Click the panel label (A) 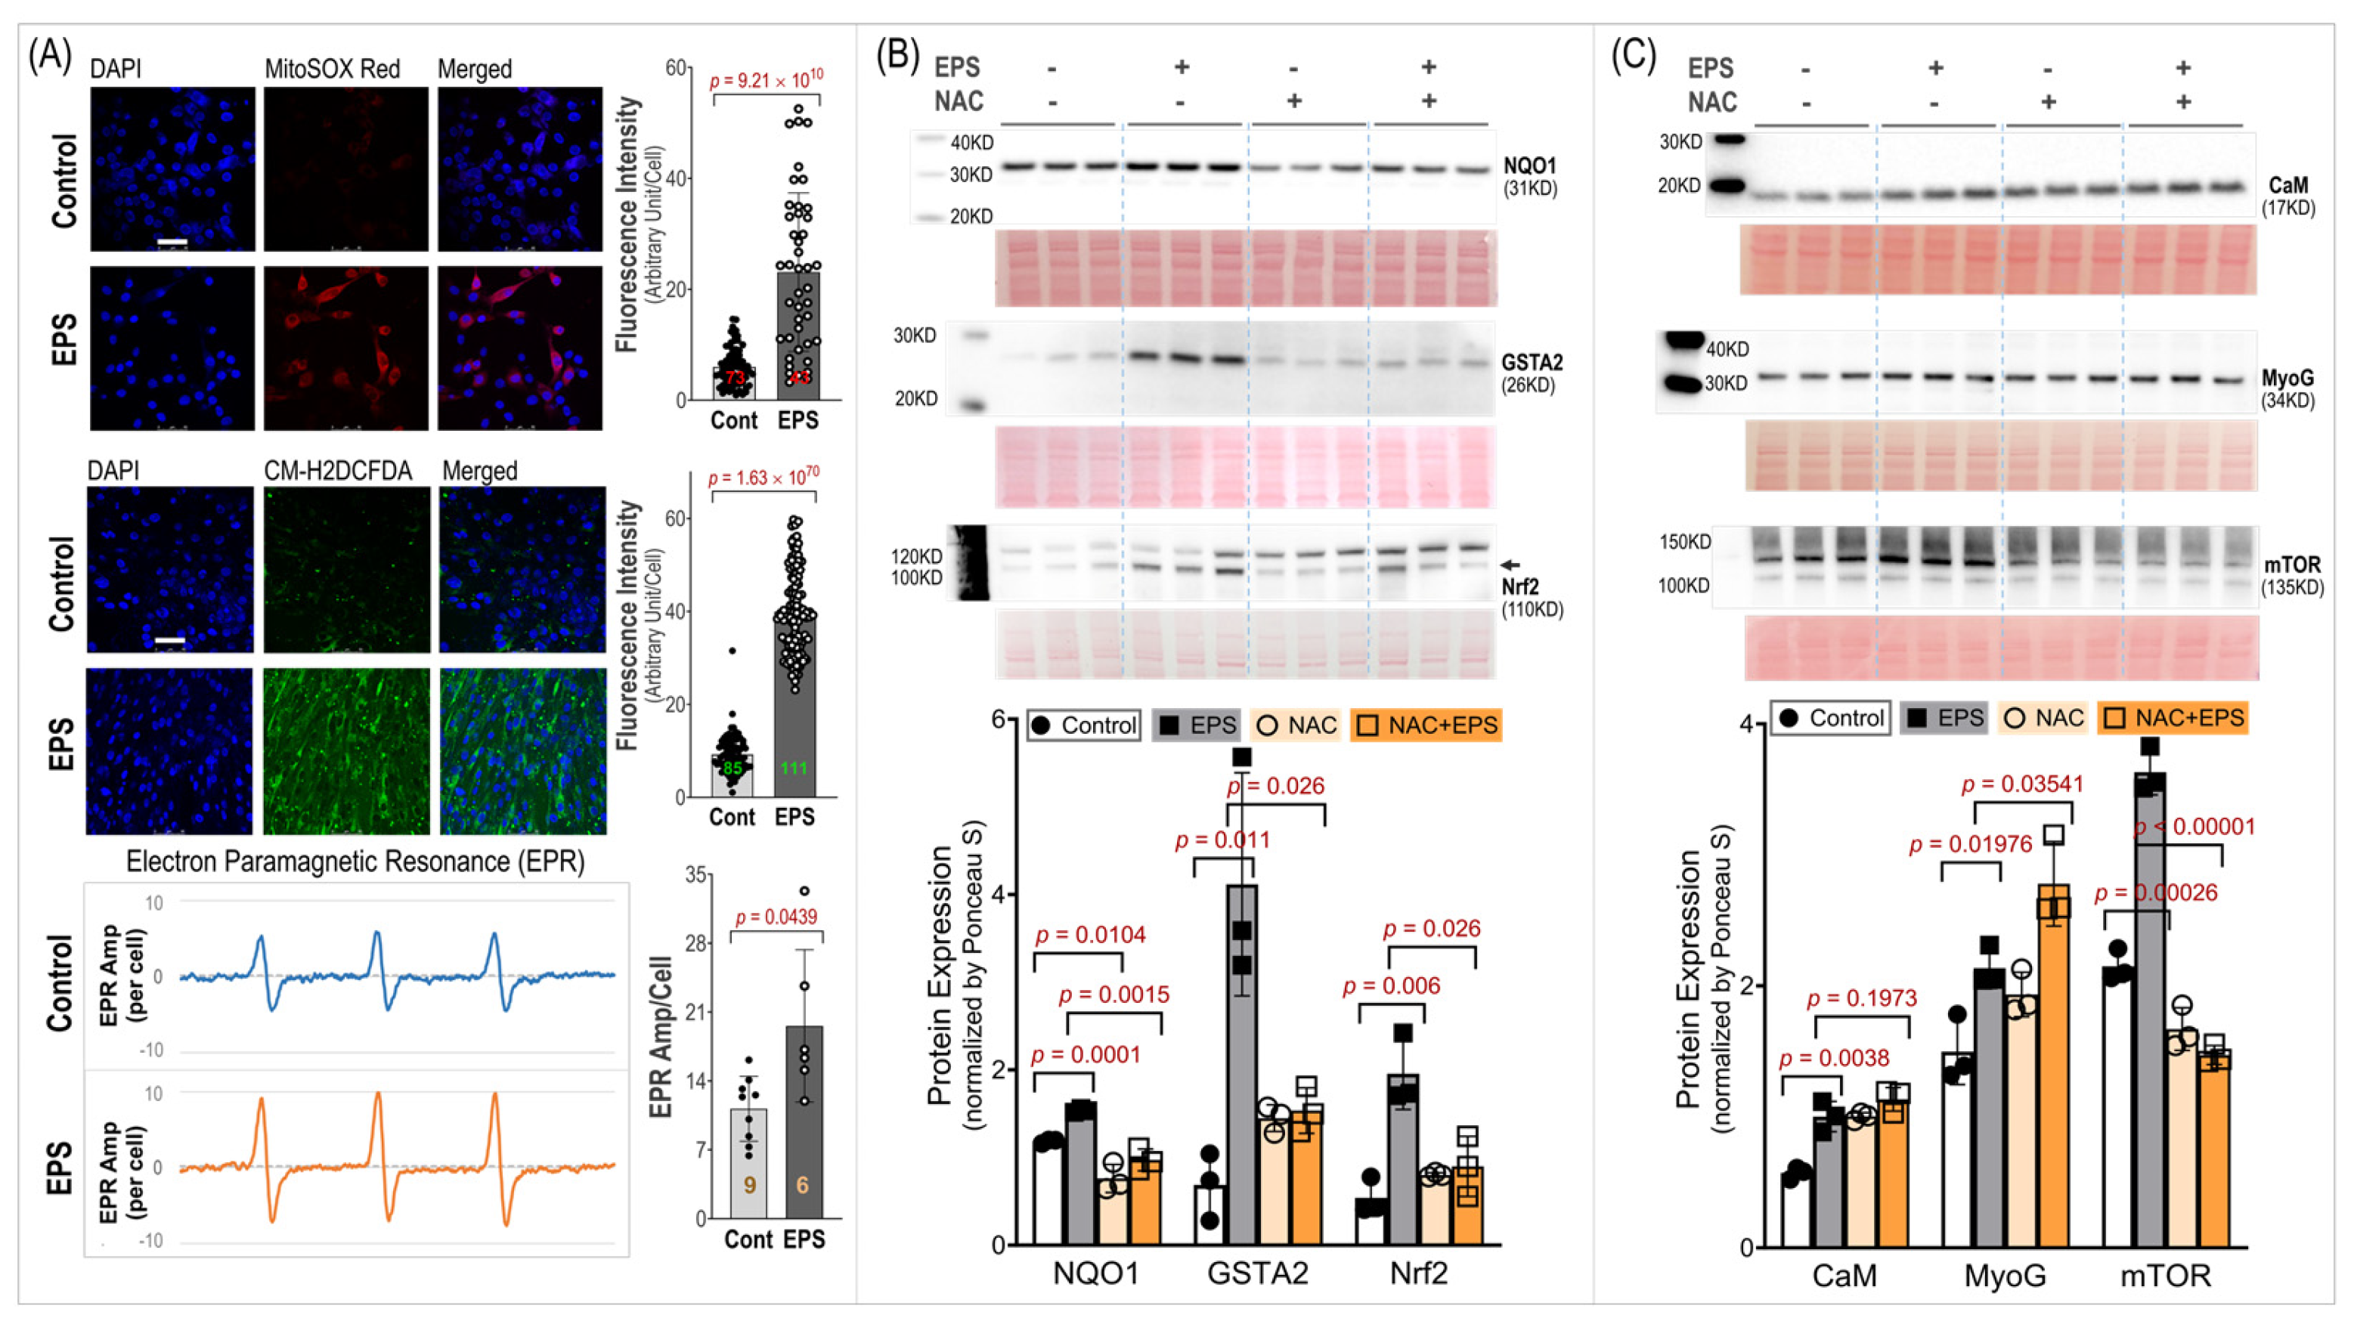click(x=49, y=57)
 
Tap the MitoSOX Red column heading click(x=332, y=70)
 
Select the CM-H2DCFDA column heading click(x=337, y=471)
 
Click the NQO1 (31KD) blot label click(x=1531, y=176)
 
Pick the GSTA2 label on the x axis click(x=1257, y=1273)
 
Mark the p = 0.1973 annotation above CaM click(x=1861, y=998)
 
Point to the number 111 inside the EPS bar click(x=793, y=768)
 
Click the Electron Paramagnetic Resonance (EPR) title click(x=355, y=862)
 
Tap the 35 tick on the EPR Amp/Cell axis click(x=696, y=875)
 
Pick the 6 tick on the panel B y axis click(x=999, y=719)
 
